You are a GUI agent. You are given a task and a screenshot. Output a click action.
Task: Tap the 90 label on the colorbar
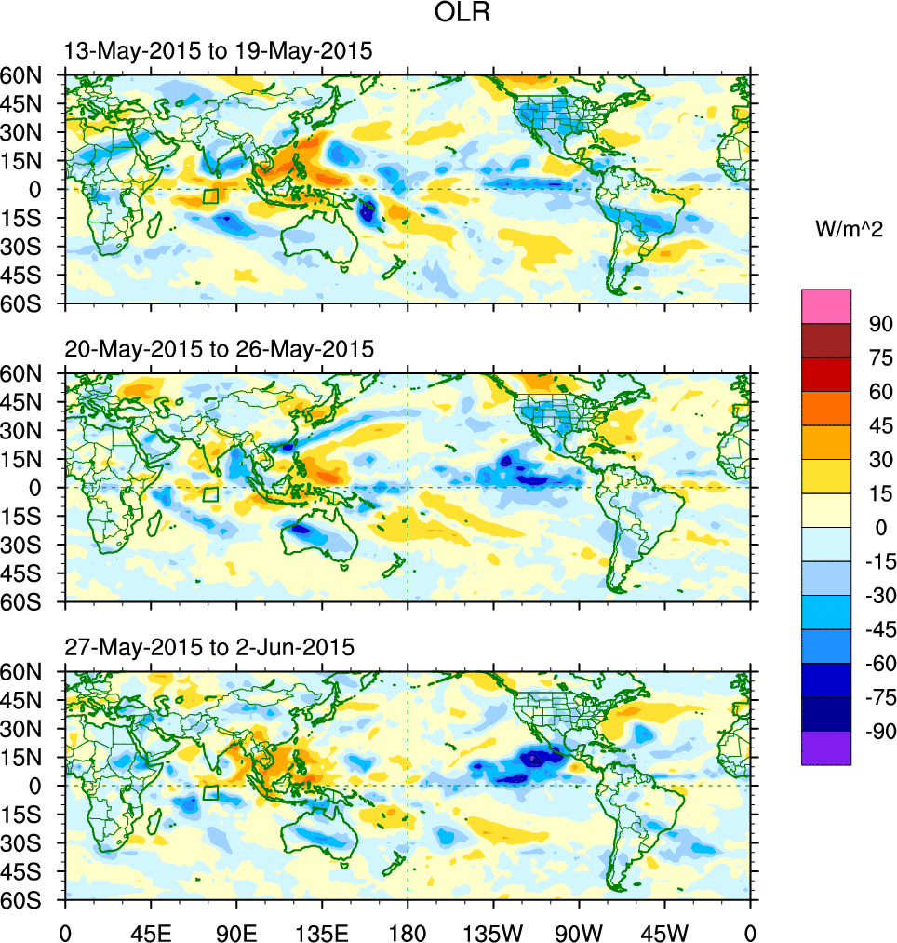[881, 324]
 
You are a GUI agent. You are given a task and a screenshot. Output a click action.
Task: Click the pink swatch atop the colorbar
[826, 305]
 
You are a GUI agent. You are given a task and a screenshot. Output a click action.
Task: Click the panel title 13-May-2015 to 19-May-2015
[219, 52]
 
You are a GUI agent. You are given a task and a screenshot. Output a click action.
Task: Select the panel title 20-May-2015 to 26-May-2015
[219, 349]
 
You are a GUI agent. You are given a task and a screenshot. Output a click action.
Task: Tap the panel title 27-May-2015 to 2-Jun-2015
[209, 647]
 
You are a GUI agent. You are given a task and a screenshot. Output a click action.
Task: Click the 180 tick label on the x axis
[408, 932]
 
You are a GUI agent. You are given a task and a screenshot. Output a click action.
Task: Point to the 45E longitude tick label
[150, 932]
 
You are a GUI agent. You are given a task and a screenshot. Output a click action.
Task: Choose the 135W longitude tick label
[493, 932]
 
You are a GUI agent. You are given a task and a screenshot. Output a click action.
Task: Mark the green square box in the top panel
[210, 196]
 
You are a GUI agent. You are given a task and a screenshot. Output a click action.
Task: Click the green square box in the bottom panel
[210, 792]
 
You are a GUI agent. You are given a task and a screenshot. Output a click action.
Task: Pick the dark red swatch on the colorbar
[826, 340]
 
